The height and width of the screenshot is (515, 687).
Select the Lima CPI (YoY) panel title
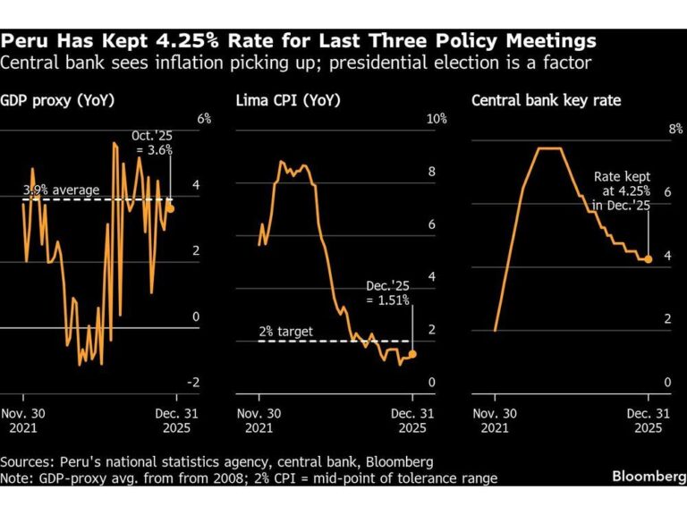280,101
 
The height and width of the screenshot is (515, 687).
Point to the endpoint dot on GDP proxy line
170,208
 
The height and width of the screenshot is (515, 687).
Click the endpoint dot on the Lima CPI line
412,354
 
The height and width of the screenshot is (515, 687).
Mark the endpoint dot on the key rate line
649,258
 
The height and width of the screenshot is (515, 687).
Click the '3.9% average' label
61,190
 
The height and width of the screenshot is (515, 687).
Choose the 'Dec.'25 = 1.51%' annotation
387,293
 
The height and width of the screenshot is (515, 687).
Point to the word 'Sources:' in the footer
29,461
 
